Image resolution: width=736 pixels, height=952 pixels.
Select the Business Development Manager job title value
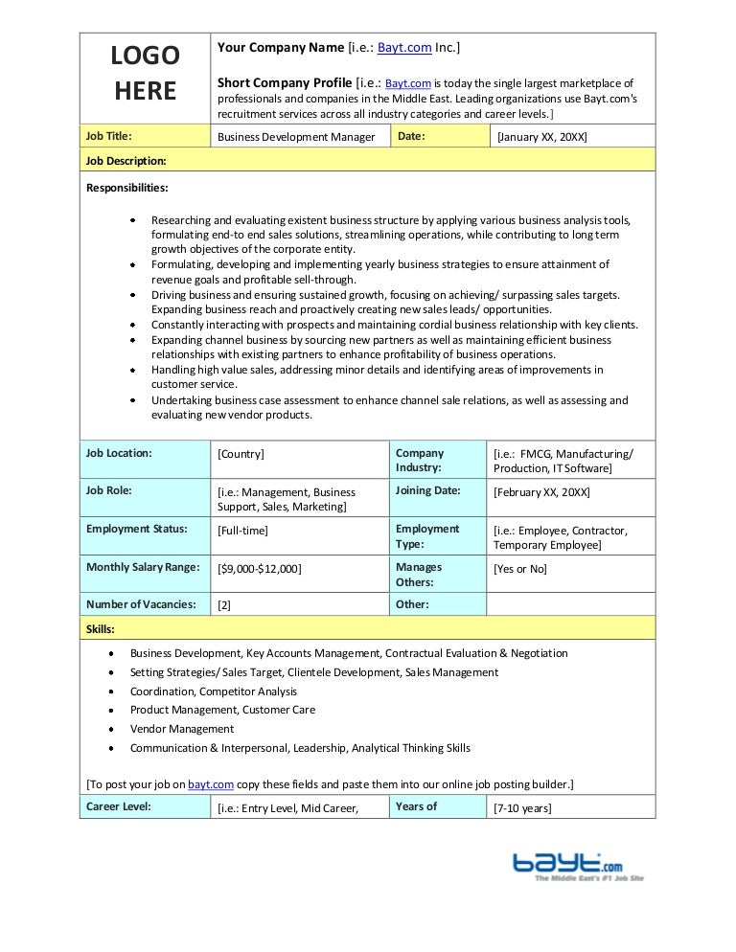(296, 137)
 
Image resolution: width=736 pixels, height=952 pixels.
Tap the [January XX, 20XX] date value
(541, 137)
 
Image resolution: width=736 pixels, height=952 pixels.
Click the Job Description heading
(126, 160)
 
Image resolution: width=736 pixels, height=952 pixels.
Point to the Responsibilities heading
(127, 187)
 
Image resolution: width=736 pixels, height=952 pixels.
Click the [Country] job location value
(241, 454)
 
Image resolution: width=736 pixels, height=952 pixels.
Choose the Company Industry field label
(420, 461)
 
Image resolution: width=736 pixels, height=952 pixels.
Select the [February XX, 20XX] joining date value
(541, 492)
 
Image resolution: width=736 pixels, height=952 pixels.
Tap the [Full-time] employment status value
(243, 530)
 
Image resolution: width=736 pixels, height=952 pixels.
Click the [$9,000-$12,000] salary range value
(260, 568)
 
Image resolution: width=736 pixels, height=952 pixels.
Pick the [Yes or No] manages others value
(520, 568)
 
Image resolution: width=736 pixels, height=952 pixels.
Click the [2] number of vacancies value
(224, 605)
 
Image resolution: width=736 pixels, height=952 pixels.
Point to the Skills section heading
(101, 629)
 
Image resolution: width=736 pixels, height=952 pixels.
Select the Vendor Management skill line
(182, 729)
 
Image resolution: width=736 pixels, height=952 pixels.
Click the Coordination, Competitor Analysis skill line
(214, 691)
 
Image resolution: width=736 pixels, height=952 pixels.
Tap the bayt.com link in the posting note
(212, 784)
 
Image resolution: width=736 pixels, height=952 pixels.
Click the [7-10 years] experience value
(522, 808)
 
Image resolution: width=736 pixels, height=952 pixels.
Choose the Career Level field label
(119, 806)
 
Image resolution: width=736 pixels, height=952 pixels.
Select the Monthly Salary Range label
(143, 567)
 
